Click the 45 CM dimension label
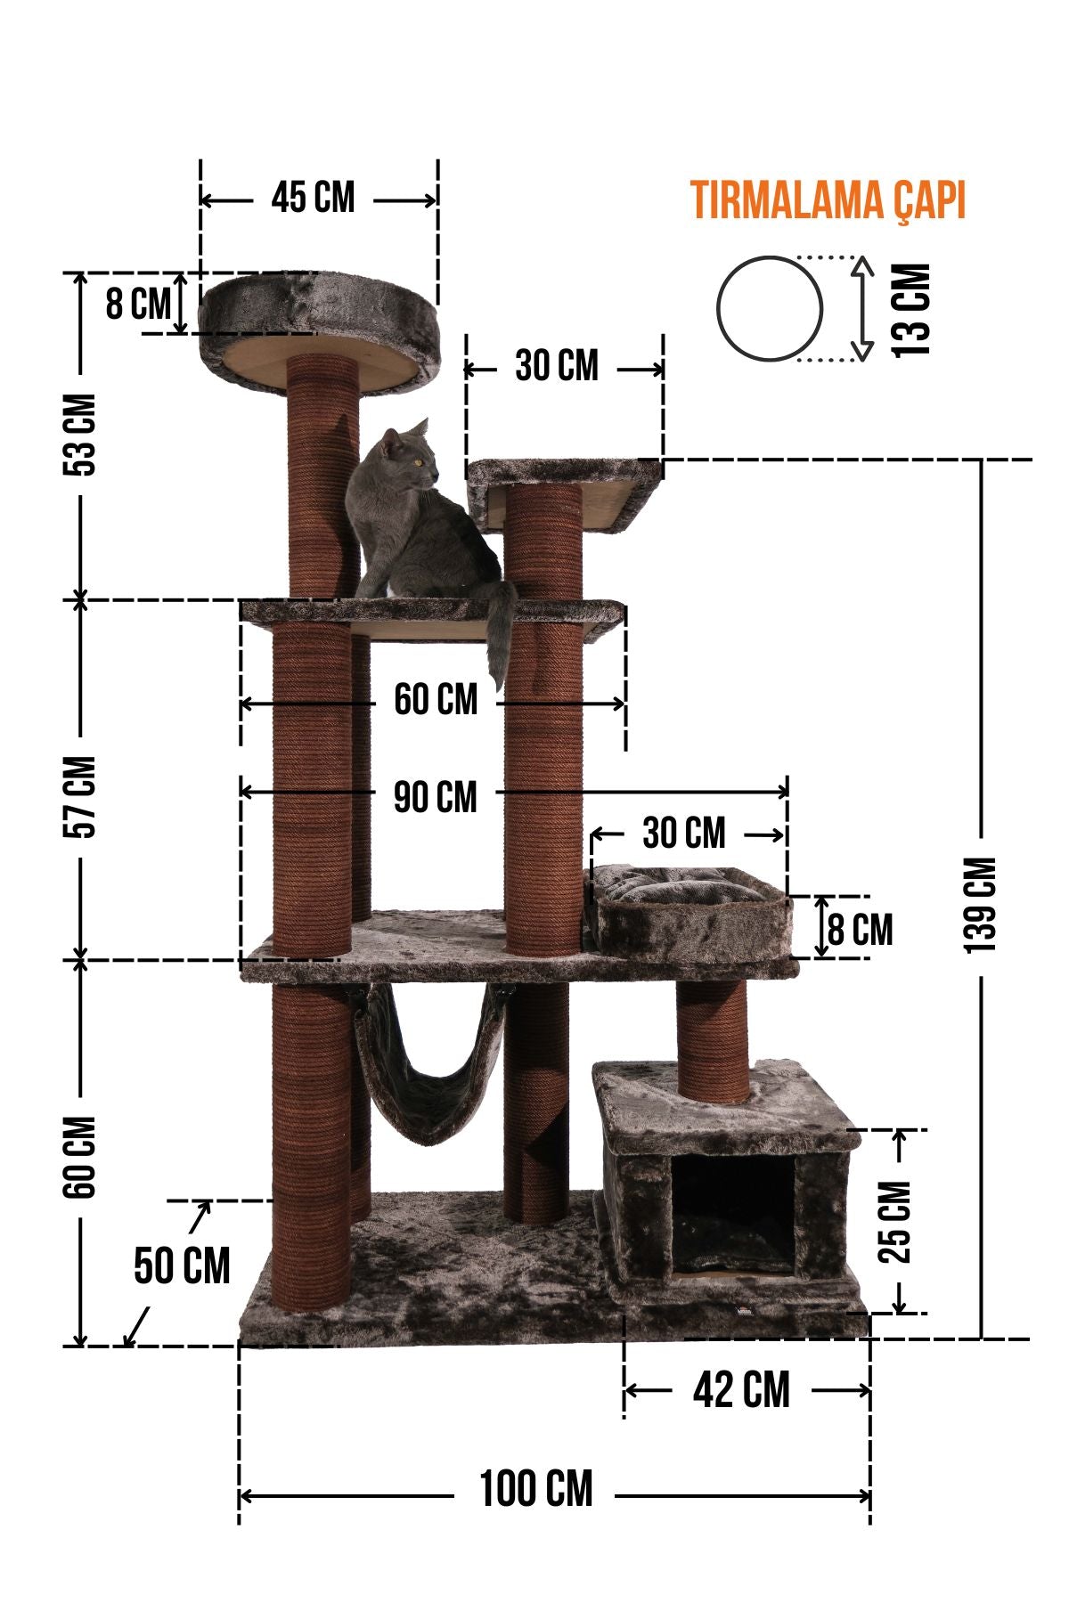[313, 198]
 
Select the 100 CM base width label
[536, 1490]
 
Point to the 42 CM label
[741, 1390]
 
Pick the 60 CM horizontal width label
[436, 700]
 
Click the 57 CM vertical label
[82, 797]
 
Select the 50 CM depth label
[182, 1265]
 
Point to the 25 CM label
[895, 1222]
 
